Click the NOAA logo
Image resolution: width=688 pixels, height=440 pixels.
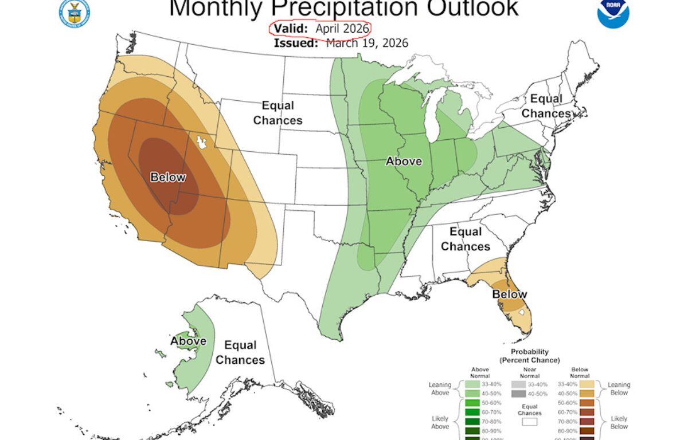[x=613, y=13]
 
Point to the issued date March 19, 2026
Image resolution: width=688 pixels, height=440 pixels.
[x=367, y=44]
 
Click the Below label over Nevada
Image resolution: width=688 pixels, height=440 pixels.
[x=167, y=177]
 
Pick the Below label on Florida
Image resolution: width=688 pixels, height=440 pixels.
[x=510, y=294]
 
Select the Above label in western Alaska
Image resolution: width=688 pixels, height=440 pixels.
[x=187, y=341]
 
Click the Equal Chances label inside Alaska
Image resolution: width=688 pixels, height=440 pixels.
[x=240, y=352]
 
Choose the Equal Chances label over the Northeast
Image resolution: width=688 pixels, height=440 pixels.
[x=546, y=106]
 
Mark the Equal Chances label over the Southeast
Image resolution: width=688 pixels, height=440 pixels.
[x=466, y=239]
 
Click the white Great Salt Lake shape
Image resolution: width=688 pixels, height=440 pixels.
[x=201, y=142]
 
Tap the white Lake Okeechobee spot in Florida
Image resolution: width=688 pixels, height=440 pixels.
[x=521, y=313]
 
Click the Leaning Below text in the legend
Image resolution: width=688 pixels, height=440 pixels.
[x=619, y=388]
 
